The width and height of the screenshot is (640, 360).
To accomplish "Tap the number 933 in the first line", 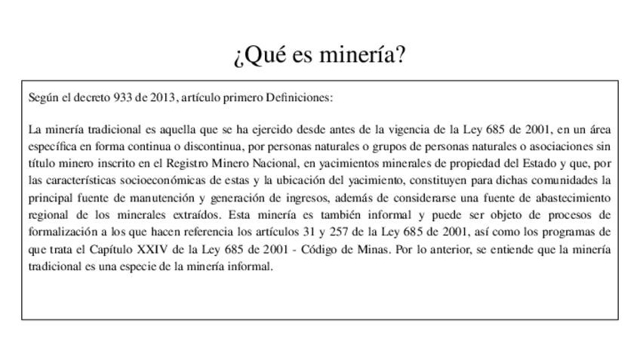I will [122, 97].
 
